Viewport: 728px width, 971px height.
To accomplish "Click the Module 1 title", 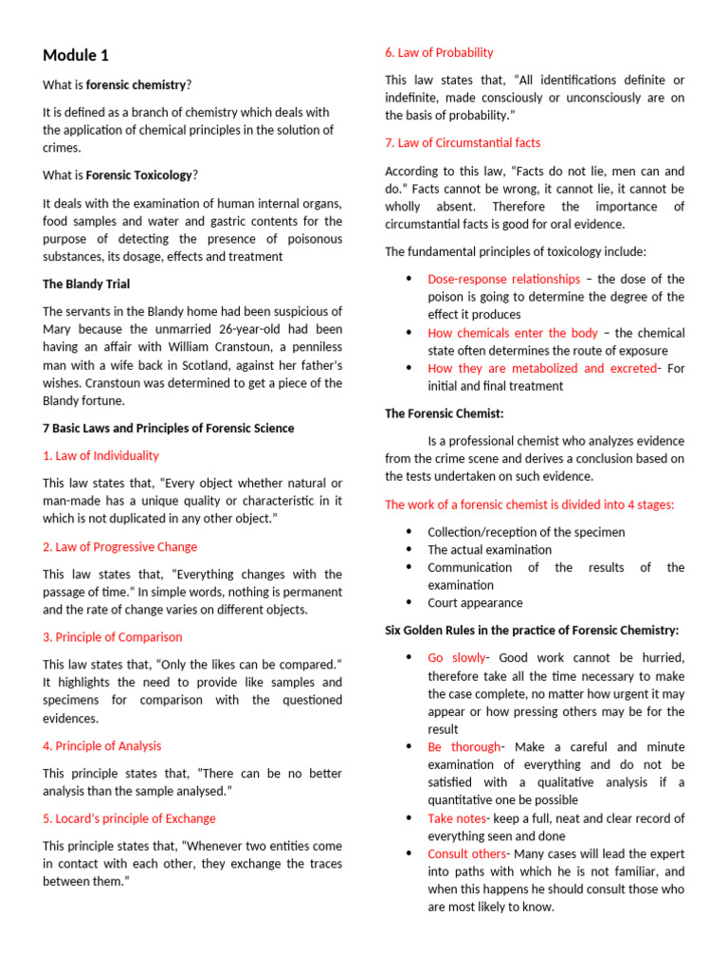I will click(82, 55).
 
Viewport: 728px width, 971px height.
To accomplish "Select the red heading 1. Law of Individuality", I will click(100, 456).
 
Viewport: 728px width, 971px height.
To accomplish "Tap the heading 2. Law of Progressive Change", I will click(119, 547).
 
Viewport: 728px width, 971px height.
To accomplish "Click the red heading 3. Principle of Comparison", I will click(112, 637).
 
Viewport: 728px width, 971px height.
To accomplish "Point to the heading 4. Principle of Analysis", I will click(101, 746).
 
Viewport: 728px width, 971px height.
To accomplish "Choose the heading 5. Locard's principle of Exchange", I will click(129, 818).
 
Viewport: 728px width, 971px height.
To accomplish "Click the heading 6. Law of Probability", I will click(439, 53).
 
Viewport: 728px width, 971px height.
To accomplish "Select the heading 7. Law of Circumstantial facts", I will click(463, 143).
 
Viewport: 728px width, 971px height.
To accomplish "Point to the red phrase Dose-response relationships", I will click(503, 280).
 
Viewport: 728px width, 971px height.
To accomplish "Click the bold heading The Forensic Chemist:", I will click(444, 413).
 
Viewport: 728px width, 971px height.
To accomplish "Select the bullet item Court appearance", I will click(474, 603).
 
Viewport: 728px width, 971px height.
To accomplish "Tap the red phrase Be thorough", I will click(464, 747).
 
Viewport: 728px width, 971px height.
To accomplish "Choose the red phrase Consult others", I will click(466, 854).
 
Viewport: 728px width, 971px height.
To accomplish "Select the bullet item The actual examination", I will click(489, 550).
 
